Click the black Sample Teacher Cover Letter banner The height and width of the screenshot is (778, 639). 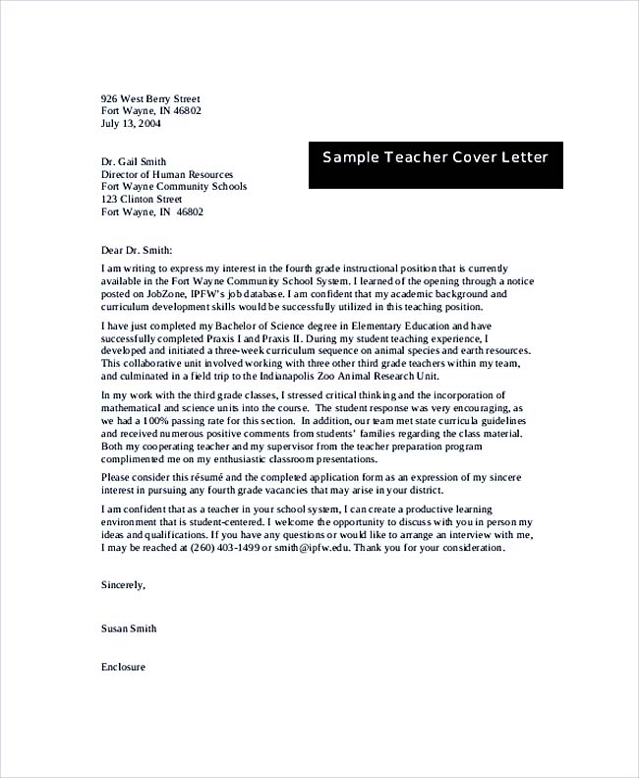pyautogui.click(x=436, y=158)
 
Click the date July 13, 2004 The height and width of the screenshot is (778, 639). pyautogui.click(x=132, y=124)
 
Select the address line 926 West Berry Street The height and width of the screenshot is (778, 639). pyautogui.click(x=150, y=99)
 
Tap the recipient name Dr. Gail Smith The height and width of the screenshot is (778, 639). pyautogui.click(x=134, y=162)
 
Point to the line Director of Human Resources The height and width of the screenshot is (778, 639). pyautogui.click(x=167, y=174)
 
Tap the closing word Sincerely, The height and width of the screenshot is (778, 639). pyautogui.click(x=123, y=584)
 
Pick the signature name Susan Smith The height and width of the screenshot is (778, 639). pyautogui.click(x=129, y=628)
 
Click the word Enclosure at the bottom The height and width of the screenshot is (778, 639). pyautogui.click(x=123, y=666)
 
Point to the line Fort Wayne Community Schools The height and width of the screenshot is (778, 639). pyautogui.click(x=174, y=186)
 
